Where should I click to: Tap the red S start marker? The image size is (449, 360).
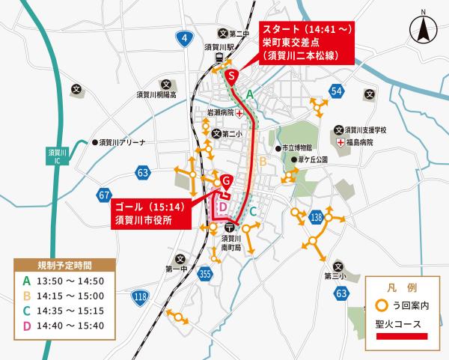(x=232, y=76)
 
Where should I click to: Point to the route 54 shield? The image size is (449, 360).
(x=337, y=91)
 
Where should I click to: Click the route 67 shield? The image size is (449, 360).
(x=104, y=195)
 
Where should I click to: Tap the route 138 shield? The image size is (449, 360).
(x=317, y=217)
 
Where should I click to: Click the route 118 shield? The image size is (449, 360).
(x=140, y=298)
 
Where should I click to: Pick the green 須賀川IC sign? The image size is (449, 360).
(x=58, y=156)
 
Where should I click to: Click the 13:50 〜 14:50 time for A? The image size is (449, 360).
(x=70, y=281)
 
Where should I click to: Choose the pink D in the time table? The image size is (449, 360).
(x=27, y=325)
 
